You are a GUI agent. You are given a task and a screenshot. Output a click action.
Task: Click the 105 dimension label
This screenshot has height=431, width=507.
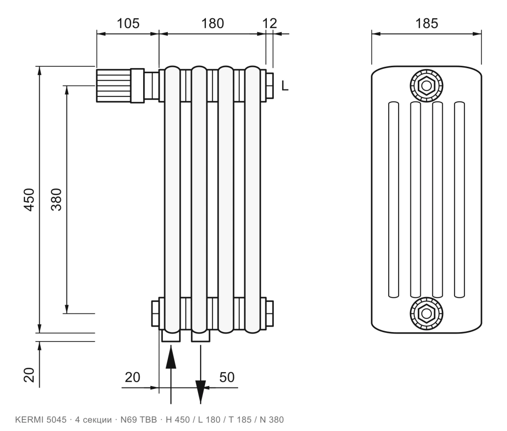128,24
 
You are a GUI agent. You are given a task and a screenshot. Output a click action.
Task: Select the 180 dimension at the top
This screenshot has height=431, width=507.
212,24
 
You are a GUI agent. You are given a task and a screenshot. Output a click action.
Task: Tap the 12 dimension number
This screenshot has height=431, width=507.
269,24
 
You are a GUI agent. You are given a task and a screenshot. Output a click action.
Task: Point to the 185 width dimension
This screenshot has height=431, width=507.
426,24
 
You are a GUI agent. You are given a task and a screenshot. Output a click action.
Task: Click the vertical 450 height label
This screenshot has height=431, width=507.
29,200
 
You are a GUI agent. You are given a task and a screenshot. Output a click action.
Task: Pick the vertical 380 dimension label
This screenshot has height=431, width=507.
56,200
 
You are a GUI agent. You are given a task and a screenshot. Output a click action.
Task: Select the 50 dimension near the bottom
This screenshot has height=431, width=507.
227,377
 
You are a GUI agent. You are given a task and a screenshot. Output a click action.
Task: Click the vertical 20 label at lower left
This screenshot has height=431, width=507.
29,375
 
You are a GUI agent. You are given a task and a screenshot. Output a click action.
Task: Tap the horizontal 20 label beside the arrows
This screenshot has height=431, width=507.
133,377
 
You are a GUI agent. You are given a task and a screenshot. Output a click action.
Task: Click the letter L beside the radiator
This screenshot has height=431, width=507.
285,86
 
